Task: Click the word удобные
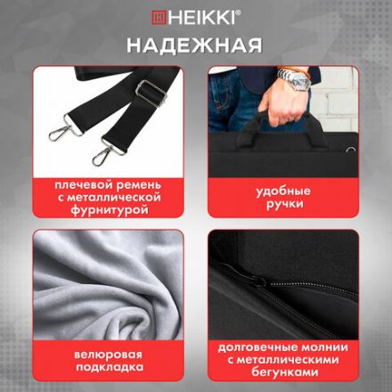coord(282,191)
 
